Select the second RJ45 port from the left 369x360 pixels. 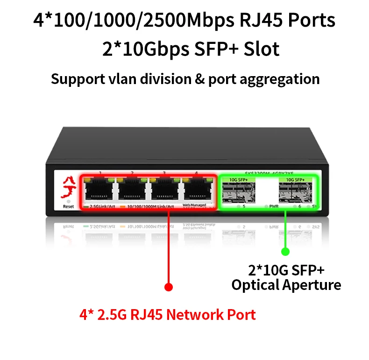pyautogui.click(x=133, y=191)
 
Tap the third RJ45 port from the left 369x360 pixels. pyautogui.click(x=164, y=191)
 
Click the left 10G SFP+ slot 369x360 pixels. pyautogui.click(x=240, y=192)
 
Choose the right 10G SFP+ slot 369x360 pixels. pyautogui.click(x=292, y=192)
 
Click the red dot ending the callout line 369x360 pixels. pyautogui.click(x=169, y=287)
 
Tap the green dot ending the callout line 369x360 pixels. pyautogui.click(x=285, y=252)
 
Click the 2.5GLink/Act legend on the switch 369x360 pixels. pyautogui.click(x=100, y=206)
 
